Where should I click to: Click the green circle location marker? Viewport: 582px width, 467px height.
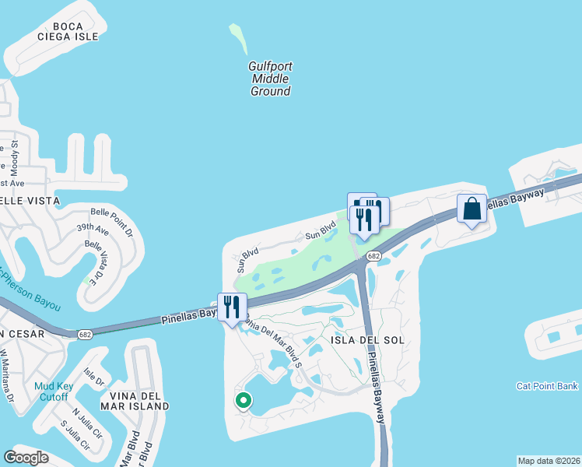244,401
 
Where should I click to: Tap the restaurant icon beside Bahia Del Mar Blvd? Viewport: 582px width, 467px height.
231,307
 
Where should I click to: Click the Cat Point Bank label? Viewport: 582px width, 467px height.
547,386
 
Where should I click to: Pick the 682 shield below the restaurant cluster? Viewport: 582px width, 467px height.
374,256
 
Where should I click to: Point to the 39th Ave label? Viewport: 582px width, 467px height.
93,230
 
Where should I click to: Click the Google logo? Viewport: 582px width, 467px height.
27,458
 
